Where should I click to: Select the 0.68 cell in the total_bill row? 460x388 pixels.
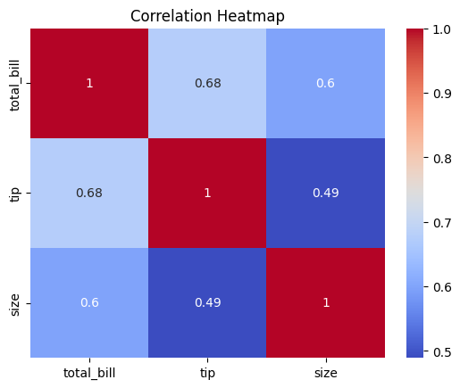(x=206, y=84)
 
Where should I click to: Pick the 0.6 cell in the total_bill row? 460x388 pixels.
(x=325, y=84)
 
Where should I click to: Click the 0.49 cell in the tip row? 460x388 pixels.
(x=325, y=193)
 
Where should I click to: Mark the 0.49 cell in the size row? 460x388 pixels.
(x=206, y=302)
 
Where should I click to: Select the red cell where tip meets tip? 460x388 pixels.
(x=206, y=193)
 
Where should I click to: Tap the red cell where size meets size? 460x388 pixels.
(x=325, y=302)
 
